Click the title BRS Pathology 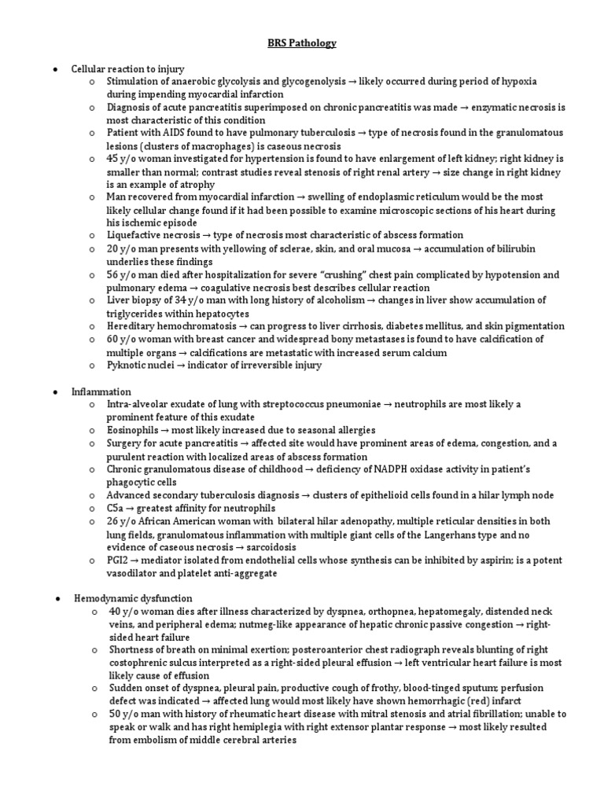[x=301, y=43]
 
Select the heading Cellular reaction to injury [x=116, y=68]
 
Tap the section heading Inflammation [x=101, y=391]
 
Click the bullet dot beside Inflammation [x=54, y=391]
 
